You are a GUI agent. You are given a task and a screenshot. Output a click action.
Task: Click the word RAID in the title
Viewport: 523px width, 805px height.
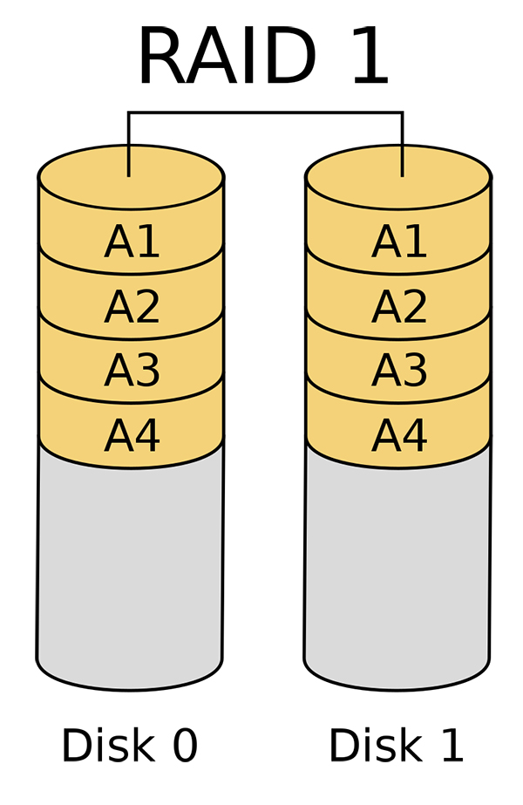click(227, 56)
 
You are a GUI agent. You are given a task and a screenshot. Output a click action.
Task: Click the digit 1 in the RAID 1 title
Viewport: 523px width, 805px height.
click(370, 56)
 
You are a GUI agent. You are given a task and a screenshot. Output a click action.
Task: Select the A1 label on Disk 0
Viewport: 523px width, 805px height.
click(132, 242)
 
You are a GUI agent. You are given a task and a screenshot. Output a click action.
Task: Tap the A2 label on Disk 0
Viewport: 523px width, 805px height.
click(132, 306)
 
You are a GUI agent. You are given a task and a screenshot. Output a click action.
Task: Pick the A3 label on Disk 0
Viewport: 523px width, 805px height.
click(132, 370)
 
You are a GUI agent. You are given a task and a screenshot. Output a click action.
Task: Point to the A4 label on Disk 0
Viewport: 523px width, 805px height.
click(132, 435)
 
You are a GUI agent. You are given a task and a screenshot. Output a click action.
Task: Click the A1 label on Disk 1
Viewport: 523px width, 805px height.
click(399, 242)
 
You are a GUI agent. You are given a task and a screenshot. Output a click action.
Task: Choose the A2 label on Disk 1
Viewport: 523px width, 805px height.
click(399, 306)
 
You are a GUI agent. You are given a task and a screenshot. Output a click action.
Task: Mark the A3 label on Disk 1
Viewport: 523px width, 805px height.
click(399, 370)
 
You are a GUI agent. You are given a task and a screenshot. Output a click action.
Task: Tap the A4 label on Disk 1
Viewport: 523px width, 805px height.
click(399, 435)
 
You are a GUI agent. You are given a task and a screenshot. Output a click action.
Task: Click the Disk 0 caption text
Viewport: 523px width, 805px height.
click(130, 745)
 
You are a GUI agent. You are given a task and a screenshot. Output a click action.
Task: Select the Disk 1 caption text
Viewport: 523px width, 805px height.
click(397, 745)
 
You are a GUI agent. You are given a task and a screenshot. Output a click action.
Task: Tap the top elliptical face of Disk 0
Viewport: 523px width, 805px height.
click(131, 177)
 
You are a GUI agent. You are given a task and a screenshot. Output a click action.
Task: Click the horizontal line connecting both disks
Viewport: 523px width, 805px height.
click(265, 112)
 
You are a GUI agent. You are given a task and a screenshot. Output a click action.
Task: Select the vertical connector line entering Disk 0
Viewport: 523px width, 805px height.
click(128, 144)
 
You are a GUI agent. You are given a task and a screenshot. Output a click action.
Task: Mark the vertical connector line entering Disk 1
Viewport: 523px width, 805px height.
click(403, 144)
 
